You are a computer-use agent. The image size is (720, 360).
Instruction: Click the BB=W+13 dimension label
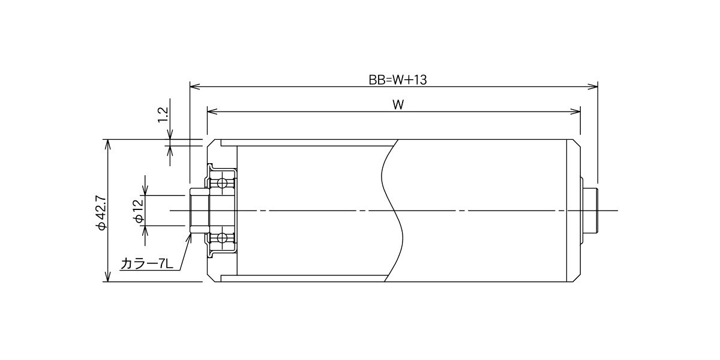coord(398,80)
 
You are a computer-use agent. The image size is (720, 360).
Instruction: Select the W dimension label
coord(398,105)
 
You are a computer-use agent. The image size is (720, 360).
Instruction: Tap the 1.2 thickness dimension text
coord(164,115)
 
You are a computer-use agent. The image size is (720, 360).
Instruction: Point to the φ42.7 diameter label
coord(101,212)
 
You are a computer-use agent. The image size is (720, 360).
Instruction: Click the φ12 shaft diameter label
coord(139,211)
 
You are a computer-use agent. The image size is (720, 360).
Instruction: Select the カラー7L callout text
coord(147,264)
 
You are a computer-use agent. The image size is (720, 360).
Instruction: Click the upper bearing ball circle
coord(222,183)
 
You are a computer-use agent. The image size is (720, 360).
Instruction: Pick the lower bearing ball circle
coord(222,238)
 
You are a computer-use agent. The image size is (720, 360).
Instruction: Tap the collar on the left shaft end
coord(199,211)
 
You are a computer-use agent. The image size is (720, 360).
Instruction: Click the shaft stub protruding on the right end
coord(590,211)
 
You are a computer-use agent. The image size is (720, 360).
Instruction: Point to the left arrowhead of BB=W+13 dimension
coord(195,86)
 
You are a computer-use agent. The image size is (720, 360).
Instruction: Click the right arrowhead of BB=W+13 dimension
coord(592,86)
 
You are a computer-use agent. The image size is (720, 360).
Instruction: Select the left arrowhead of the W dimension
coord(212,112)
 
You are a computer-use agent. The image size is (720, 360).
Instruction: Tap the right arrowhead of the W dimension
coord(575,112)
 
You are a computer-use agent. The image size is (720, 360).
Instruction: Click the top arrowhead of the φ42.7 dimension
coord(108,145)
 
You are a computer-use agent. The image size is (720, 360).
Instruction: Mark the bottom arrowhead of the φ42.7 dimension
coord(108,277)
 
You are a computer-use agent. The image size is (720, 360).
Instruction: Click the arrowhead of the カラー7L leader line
coord(189,239)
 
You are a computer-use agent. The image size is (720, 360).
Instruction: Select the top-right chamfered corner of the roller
coord(577,143)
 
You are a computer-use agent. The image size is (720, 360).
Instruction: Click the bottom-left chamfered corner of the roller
coord(211,278)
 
